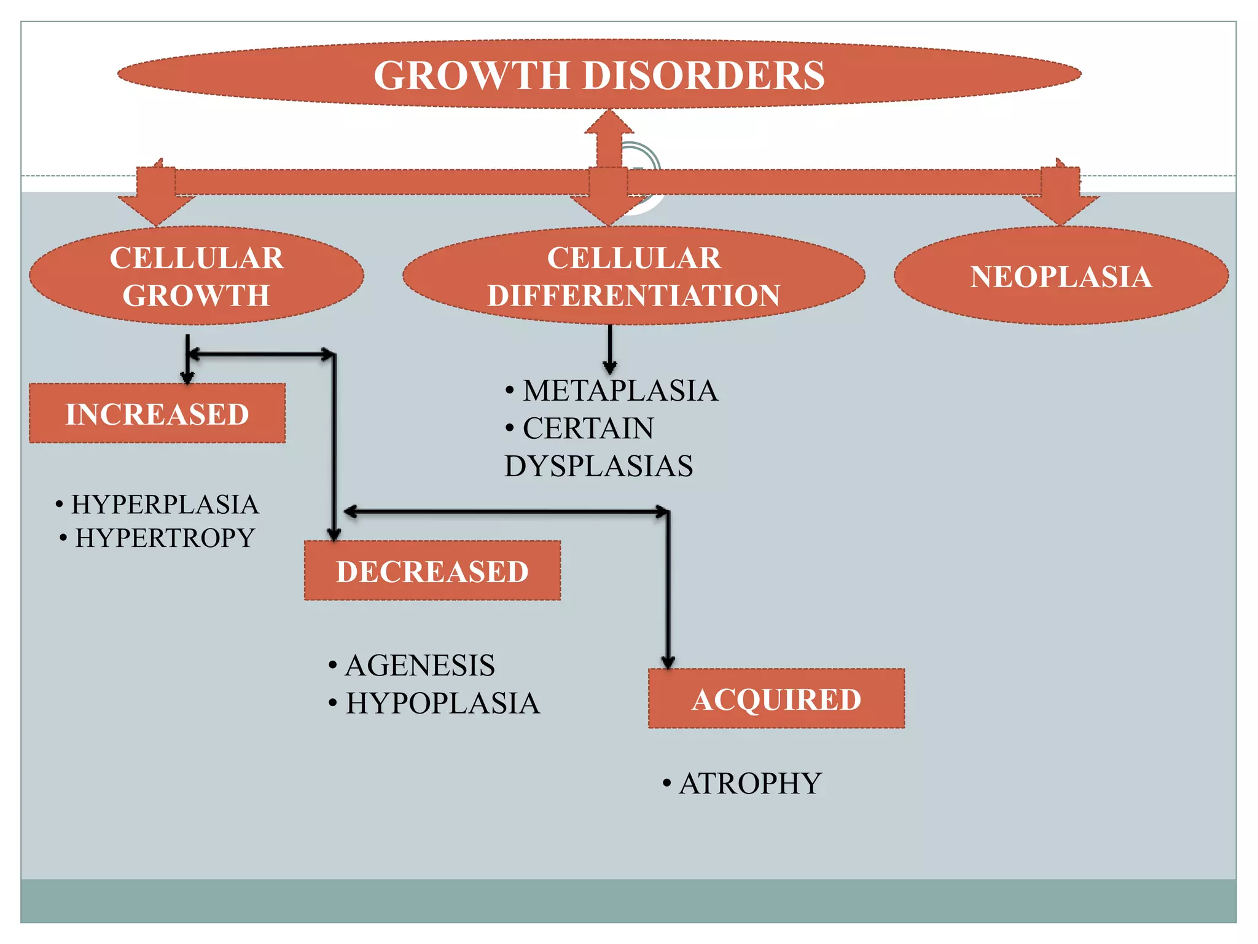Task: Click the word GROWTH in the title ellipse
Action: pyautogui.click(x=472, y=76)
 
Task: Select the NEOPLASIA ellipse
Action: pyautogui.click(x=1061, y=276)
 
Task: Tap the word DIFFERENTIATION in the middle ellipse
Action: pyautogui.click(x=633, y=296)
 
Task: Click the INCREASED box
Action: pyautogui.click(x=157, y=414)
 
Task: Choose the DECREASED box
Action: pyautogui.click(x=432, y=571)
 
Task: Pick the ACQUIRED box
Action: pyautogui.click(x=776, y=699)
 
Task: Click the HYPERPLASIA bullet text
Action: pyautogui.click(x=165, y=505)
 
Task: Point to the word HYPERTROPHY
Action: pyautogui.click(x=165, y=538)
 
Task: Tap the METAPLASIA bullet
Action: pyautogui.click(x=620, y=391)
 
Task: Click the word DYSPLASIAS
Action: pyautogui.click(x=599, y=466)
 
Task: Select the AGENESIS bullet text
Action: pyautogui.click(x=420, y=666)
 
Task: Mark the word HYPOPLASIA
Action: pyautogui.click(x=442, y=704)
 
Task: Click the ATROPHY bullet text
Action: pyautogui.click(x=750, y=784)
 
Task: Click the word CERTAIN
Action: pyautogui.click(x=588, y=428)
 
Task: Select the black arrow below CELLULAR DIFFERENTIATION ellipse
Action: pyautogui.click(x=609, y=350)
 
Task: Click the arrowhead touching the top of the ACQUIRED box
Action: pyautogui.click(x=668, y=661)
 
